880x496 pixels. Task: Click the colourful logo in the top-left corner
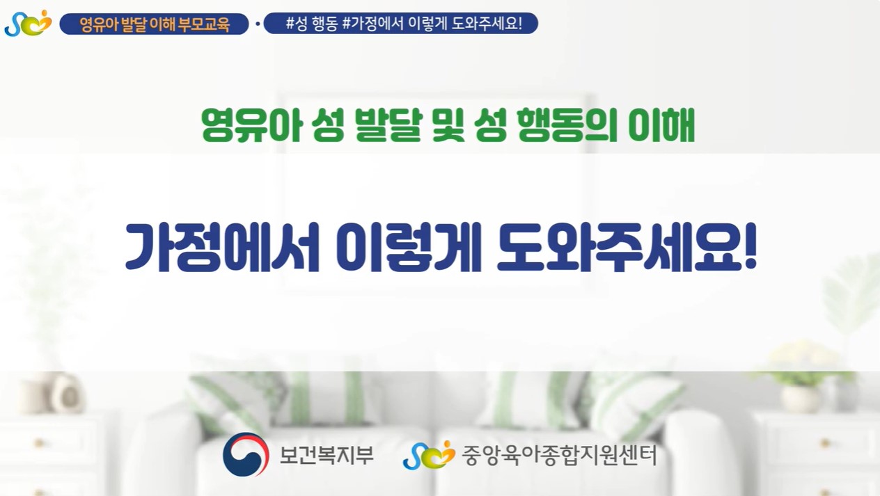pyautogui.click(x=29, y=24)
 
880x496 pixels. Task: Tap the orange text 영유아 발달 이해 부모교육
pyautogui.click(x=155, y=24)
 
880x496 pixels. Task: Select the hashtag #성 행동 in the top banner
pyautogui.click(x=312, y=24)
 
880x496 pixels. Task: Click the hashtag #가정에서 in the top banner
pyautogui.click(x=373, y=24)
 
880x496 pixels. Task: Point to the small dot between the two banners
pyautogui.click(x=258, y=24)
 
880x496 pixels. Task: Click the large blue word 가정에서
pyautogui.click(x=222, y=248)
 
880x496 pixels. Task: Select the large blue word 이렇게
pyautogui.click(x=409, y=248)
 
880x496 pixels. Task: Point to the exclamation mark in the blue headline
pyautogui.click(x=750, y=246)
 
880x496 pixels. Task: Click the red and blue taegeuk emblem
pyautogui.click(x=246, y=454)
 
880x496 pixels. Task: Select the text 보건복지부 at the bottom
pyautogui.click(x=326, y=455)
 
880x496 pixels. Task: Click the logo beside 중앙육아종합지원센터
pyautogui.click(x=429, y=454)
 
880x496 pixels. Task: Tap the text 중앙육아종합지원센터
pyautogui.click(x=559, y=455)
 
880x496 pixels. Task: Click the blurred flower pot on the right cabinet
pyautogui.click(x=800, y=397)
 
